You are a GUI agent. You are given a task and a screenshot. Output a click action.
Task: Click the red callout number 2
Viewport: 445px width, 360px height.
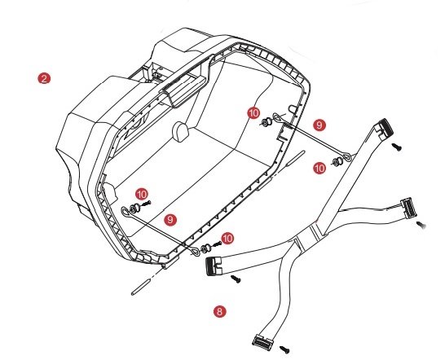44,78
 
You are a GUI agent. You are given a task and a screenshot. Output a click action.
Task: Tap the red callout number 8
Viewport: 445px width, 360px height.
220,311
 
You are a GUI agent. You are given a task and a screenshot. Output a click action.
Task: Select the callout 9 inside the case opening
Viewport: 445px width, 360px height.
170,219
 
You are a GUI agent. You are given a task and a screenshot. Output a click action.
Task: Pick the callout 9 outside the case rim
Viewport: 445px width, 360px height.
319,125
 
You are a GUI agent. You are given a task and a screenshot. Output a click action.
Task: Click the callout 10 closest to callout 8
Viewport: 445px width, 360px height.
227,239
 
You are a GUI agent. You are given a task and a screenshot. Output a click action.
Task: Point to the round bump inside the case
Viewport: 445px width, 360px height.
180,131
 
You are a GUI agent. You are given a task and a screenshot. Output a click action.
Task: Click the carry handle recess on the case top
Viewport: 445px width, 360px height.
184,90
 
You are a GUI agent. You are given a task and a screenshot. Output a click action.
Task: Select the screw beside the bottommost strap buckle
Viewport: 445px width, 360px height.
284,349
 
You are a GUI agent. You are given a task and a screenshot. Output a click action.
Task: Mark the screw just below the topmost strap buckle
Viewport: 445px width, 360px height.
397,147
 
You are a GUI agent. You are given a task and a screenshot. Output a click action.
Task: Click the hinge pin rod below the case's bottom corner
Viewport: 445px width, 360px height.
140,287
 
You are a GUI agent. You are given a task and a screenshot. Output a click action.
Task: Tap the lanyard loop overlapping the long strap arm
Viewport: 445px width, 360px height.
347,157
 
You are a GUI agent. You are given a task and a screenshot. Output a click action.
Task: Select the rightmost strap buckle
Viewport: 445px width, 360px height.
408,209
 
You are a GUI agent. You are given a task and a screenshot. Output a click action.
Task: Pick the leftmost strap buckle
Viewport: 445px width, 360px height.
214,266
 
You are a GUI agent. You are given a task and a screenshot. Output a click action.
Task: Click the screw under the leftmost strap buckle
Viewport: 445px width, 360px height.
236,279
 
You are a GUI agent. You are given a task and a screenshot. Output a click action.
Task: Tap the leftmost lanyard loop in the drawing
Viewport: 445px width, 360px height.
125,211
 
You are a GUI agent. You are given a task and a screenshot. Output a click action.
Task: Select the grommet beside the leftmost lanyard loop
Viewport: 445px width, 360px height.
134,209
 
